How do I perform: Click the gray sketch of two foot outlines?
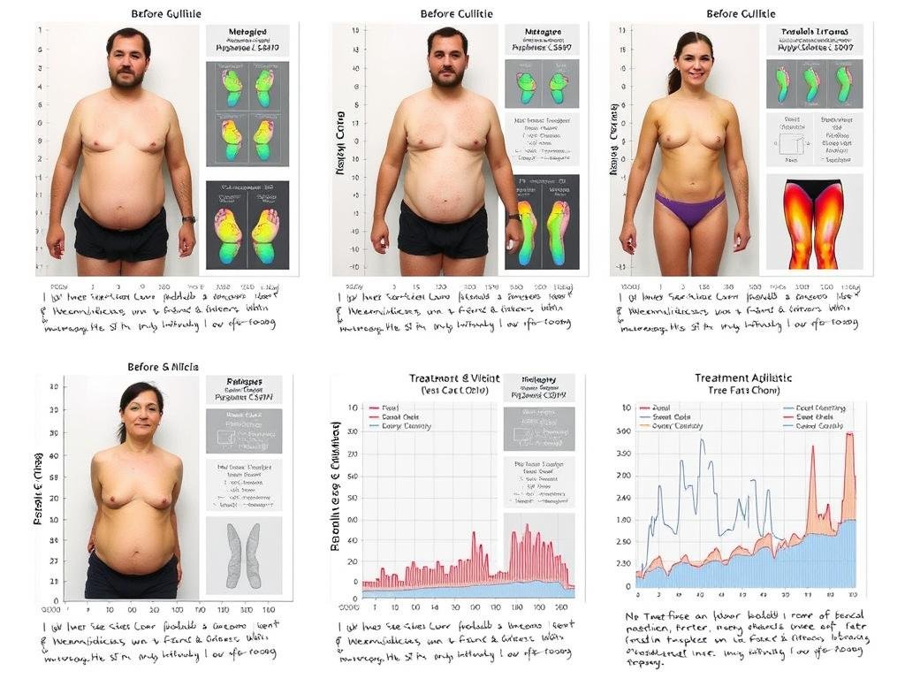click(x=243, y=555)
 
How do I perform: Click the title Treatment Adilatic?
click(x=743, y=378)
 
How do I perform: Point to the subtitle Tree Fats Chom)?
click(x=743, y=391)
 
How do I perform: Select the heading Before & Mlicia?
click(x=164, y=366)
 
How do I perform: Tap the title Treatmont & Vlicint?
click(x=454, y=378)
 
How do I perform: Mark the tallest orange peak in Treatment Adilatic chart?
click(x=849, y=434)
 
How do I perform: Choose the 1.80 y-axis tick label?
click(x=624, y=543)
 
